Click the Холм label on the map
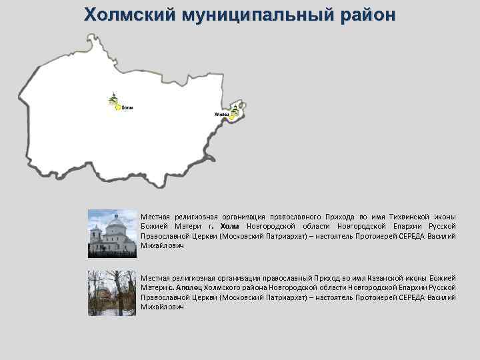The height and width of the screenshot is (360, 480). pos(127,107)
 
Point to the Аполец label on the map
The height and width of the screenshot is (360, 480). pos(221,115)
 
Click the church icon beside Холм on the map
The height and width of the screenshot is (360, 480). pos(113,100)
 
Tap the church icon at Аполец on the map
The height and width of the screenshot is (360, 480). pos(235,110)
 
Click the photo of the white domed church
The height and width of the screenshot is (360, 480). pos(112,233)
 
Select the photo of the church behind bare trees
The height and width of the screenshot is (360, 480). pos(112,293)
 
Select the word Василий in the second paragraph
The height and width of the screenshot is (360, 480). pos(441,297)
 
